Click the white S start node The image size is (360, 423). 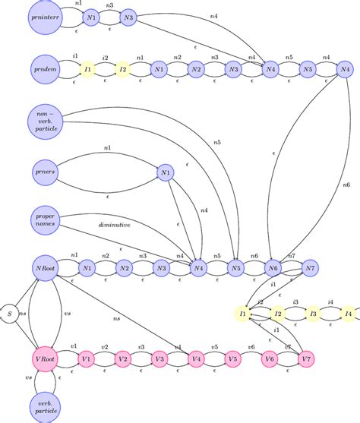(x=10, y=313)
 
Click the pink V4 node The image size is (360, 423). (x=196, y=358)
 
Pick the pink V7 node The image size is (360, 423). (x=307, y=358)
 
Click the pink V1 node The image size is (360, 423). (x=87, y=358)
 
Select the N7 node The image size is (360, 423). (x=309, y=267)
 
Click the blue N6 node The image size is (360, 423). (x=273, y=267)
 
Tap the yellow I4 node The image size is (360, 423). (x=348, y=313)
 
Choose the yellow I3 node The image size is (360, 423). (x=312, y=313)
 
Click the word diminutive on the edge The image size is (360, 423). (x=114, y=225)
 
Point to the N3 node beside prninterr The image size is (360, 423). (x=128, y=17)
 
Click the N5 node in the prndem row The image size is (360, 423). (x=308, y=70)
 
